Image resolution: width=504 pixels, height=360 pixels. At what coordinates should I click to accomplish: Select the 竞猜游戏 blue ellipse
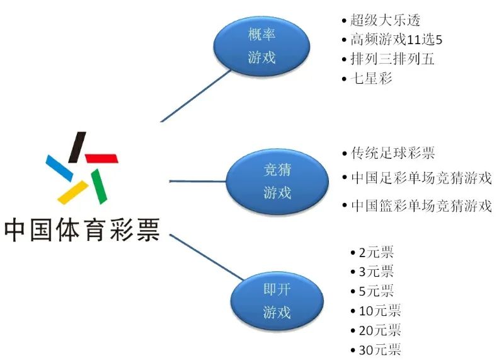pos(277,181)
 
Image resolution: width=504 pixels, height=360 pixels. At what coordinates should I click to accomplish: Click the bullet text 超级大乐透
pos(381,20)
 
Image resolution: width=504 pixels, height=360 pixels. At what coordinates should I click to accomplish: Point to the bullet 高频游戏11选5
pos(397,40)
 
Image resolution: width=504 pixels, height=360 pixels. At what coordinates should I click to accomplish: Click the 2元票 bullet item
pos(376,253)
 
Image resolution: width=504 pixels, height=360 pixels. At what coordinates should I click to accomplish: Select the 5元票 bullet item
pos(376,291)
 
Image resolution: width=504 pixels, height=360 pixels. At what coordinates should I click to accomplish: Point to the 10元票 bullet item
pos(379,311)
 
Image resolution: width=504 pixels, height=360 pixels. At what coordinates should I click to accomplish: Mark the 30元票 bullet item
pos(379,350)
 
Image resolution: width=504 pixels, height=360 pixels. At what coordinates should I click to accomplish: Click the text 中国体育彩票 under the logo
pos(82,229)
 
